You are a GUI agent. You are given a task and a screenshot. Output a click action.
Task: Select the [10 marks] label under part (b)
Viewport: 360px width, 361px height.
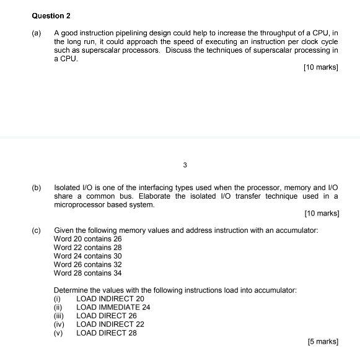(x=322, y=213)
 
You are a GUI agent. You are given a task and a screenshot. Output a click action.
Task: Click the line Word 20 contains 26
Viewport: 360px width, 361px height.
(x=88, y=238)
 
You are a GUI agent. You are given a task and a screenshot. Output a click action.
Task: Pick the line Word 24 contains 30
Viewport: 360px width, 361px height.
(x=88, y=256)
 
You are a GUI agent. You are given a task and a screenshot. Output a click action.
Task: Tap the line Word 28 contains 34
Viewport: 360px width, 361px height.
(x=88, y=273)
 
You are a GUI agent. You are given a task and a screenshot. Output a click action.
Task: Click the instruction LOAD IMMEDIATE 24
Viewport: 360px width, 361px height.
(x=113, y=307)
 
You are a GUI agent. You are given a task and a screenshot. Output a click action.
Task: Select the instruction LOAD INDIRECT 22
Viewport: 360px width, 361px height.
(x=110, y=324)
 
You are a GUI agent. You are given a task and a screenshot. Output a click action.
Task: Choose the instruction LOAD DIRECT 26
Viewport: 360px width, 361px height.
(x=106, y=315)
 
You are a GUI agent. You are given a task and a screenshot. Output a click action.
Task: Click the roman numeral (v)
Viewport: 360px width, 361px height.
(x=59, y=333)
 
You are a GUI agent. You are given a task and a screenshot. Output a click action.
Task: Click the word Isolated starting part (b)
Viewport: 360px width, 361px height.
(x=67, y=187)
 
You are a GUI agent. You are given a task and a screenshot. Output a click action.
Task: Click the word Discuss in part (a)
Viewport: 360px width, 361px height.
(x=180, y=50)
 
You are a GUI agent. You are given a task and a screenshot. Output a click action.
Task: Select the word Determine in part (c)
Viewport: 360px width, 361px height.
(x=71, y=290)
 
